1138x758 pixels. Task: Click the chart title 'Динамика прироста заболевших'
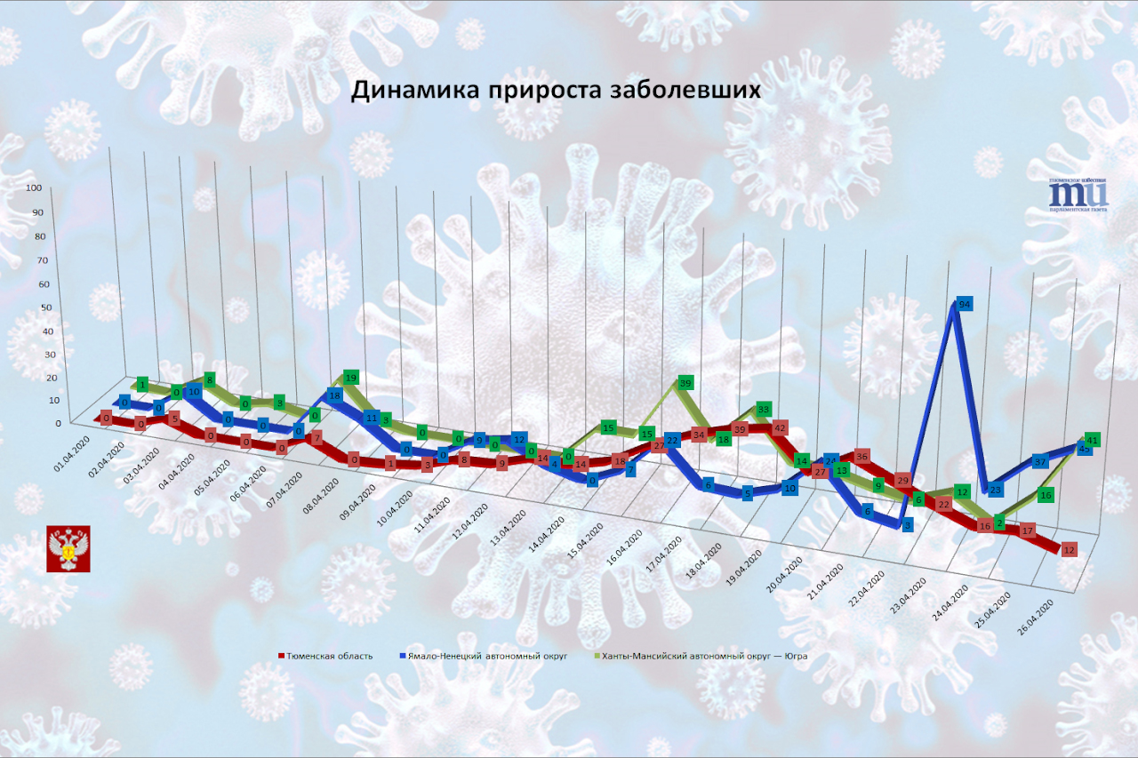(555, 92)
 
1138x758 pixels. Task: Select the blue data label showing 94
(964, 304)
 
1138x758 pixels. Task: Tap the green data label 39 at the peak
(685, 383)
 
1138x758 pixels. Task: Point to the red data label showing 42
(780, 428)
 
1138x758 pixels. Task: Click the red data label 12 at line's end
(1070, 549)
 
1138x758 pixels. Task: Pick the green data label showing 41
(1094, 439)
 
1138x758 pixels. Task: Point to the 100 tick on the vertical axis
(35, 188)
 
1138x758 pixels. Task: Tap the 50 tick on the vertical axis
(35, 307)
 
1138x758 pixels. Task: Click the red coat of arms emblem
(65, 551)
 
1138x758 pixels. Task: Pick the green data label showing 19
(351, 378)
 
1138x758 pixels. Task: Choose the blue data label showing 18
(335, 395)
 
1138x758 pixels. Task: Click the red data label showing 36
(861, 458)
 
